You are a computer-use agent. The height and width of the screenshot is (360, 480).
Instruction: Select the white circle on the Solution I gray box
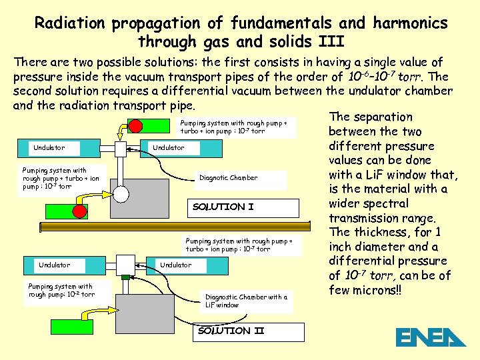121,194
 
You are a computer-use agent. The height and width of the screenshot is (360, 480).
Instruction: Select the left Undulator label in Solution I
52,148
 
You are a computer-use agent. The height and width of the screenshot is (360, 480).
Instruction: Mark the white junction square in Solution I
121,149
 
